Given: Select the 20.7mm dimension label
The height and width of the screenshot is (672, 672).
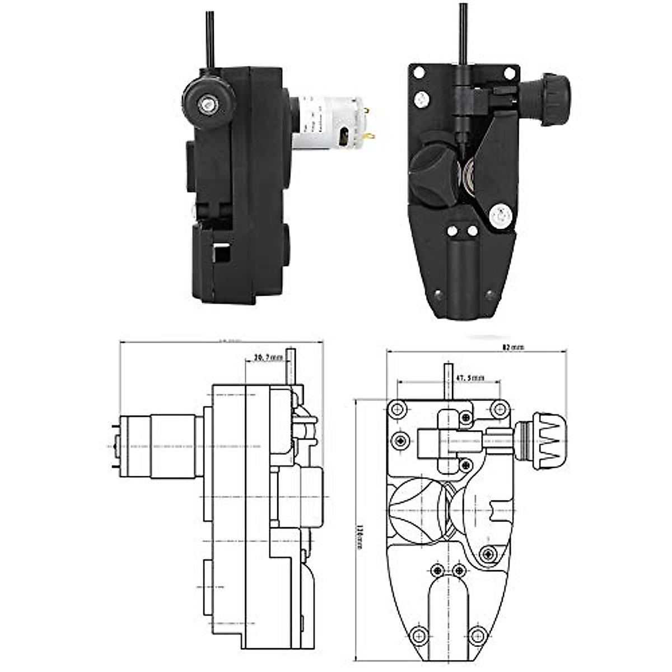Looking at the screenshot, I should coord(268,357).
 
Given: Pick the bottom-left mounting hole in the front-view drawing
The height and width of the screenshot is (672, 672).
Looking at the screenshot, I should coord(417,635).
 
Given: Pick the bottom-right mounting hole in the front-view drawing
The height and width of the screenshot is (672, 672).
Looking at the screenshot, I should coord(477,635).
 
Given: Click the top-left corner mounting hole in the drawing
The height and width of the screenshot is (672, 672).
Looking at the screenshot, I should coord(399,409).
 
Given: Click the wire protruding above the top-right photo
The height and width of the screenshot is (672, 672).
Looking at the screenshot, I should coord(463,31).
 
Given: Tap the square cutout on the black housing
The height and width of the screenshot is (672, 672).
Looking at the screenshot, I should coord(222,254).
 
